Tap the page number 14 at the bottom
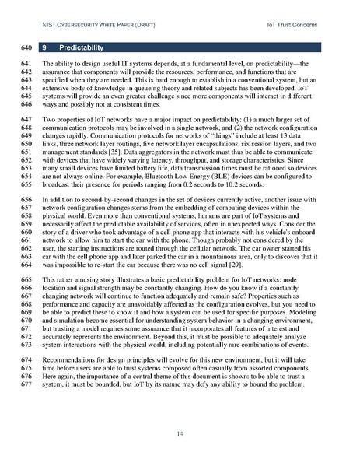tap(180, 432)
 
